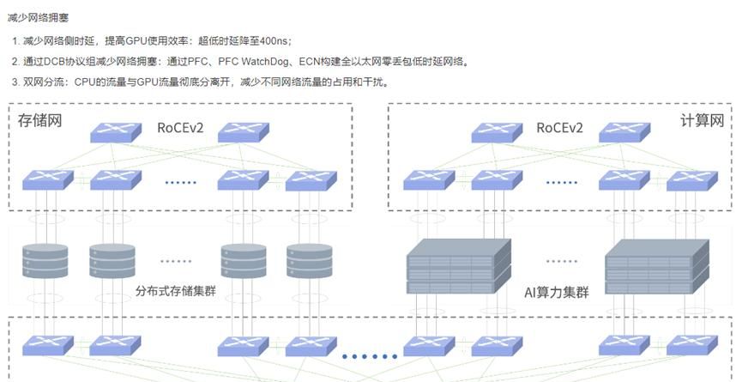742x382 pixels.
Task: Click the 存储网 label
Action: point(40,120)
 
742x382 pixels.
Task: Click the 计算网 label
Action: point(701,120)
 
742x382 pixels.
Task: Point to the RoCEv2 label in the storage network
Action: point(179,128)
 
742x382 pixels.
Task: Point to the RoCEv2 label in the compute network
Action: point(559,128)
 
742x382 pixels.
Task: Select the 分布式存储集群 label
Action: point(175,291)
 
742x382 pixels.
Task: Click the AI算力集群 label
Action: point(557,291)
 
